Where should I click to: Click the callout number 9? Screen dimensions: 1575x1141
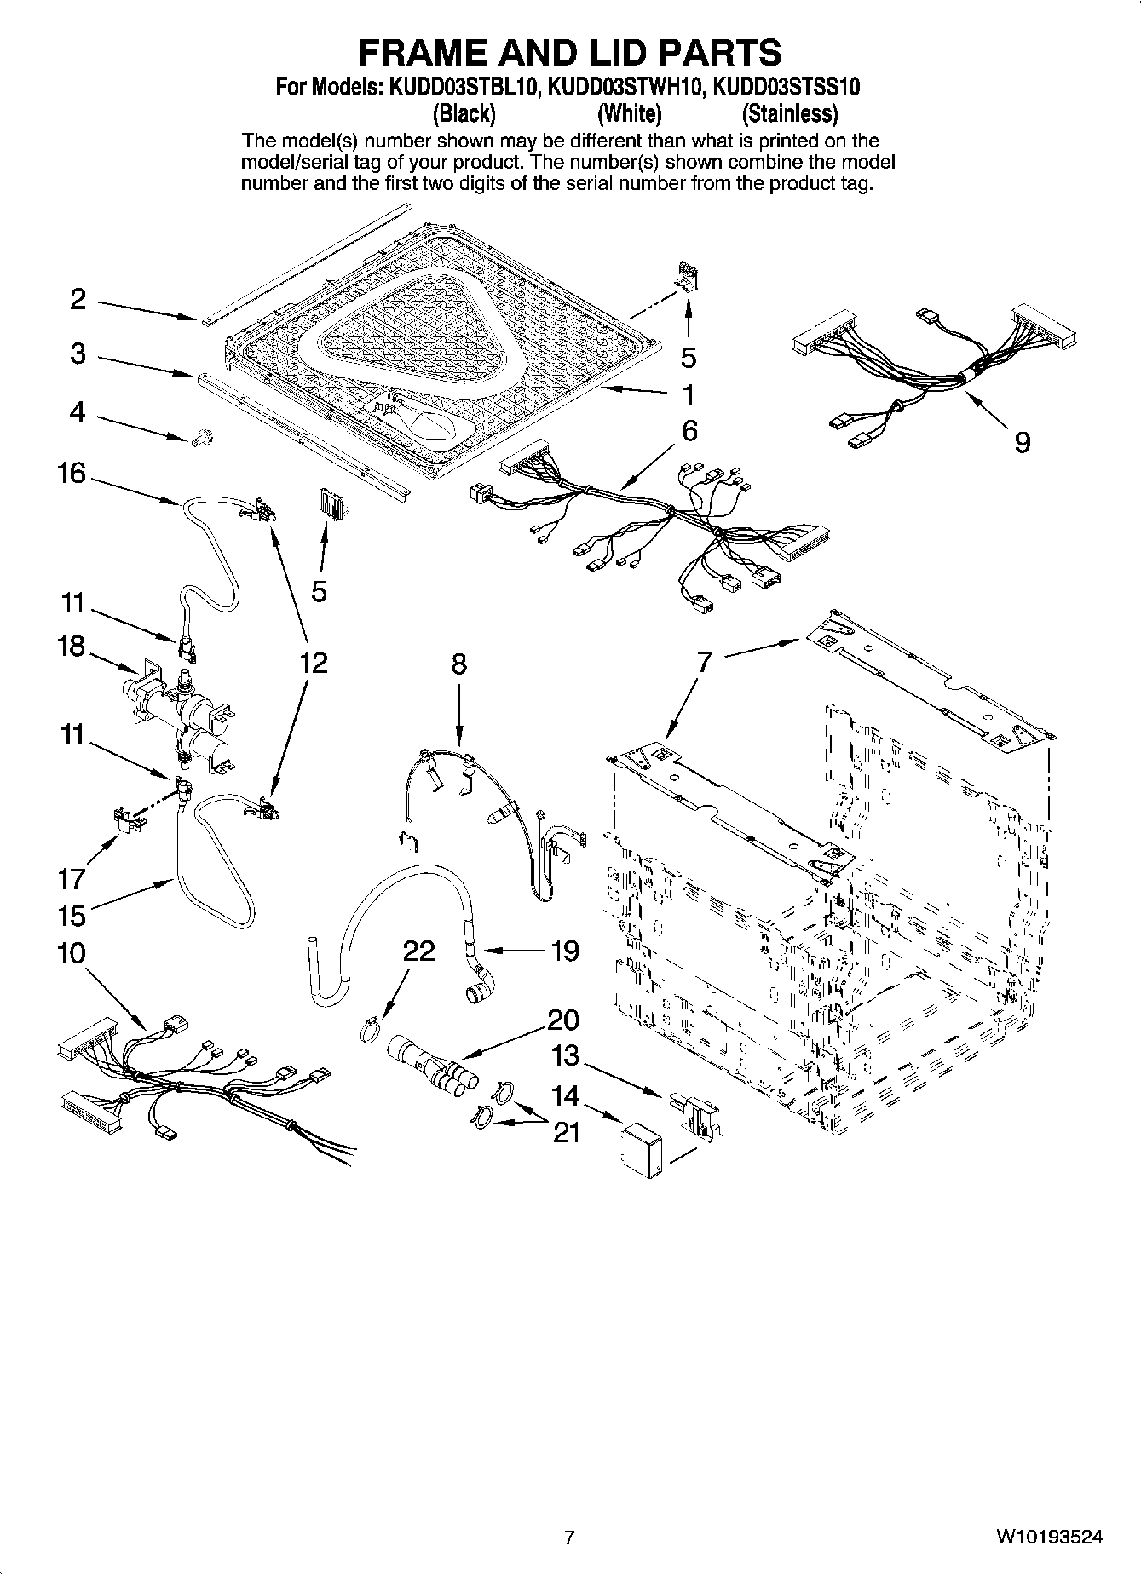(x=1023, y=441)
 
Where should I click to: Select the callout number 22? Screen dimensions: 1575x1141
(x=418, y=951)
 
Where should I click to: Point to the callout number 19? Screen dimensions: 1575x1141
(x=565, y=950)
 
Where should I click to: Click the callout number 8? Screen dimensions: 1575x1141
(x=458, y=664)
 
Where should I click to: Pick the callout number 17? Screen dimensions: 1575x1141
(x=72, y=877)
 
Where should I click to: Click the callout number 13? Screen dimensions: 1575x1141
(x=565, y=1056)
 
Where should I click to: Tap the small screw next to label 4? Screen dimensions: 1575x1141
(x=203, y=439)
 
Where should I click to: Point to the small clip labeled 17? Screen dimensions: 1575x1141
(x=128, y=819)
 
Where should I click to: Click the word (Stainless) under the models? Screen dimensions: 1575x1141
(x=789, y=113)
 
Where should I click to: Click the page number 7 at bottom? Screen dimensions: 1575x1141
(x=569, y=1538)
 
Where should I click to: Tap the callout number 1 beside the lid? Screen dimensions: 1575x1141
(x=688, y=395)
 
